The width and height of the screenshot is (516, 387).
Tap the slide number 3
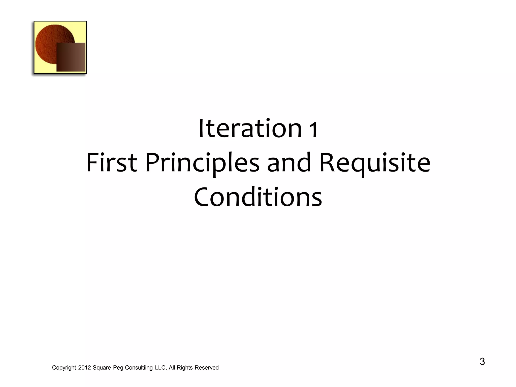tap(482, 362)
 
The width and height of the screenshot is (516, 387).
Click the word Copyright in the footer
tap(64, 368)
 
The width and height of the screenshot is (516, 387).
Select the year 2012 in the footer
tap(84, 368)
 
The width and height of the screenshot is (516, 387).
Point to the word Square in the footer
tap(102, 368)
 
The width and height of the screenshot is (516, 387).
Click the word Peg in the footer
tap(118, 368)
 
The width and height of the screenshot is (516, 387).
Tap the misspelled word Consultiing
tap(139, 368)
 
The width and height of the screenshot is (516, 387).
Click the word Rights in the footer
tap(185, 368)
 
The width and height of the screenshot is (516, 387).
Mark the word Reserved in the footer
tap(207, 368)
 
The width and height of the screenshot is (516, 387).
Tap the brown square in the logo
tap(71, 57)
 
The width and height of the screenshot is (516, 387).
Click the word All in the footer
tap(172, 368)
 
